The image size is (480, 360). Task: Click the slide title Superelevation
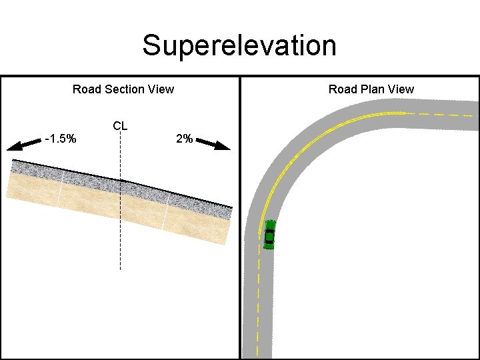[239, 46]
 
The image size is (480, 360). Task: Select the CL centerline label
[120, 125]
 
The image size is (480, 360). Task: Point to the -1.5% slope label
[60, 139]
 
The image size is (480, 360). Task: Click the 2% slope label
[184, 139]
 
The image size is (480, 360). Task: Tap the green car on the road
[269, 234]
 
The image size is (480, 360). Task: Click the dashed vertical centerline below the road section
[120, 247]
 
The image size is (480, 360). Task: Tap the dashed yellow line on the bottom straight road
[259, 300]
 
